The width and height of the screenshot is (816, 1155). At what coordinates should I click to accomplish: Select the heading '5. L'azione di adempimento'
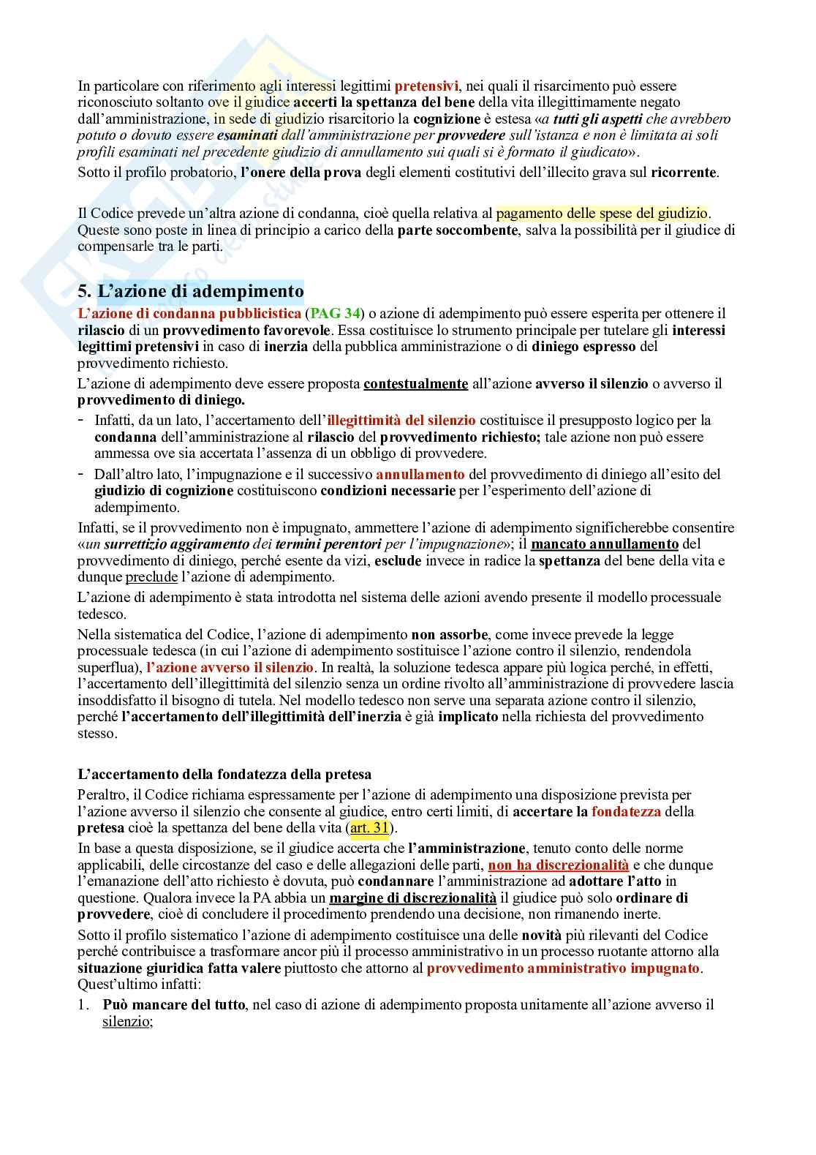(190, 291)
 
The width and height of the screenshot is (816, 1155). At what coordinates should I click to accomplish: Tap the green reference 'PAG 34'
(335, 314)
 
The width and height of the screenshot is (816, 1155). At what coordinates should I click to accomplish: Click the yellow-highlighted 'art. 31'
(369, 828)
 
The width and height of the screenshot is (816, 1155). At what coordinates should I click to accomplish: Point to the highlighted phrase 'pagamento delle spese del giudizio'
(602, 214)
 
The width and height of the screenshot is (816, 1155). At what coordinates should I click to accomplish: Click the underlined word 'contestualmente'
(415, 384)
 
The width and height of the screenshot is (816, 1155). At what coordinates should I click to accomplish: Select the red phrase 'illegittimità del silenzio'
(401, 421)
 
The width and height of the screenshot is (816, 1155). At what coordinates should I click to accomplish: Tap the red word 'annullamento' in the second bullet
(420, 474)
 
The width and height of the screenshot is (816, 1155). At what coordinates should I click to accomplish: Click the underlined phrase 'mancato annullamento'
(605, 544)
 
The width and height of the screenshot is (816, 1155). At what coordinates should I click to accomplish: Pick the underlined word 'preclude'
(151, 577)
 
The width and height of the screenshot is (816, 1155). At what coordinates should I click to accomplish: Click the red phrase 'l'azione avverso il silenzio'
(230, 668)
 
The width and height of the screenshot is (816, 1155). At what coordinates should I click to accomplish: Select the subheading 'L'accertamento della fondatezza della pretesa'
(224, 775)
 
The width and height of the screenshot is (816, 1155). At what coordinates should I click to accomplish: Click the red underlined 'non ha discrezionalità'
(558, 865)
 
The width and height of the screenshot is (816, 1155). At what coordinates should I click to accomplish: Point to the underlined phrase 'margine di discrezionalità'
(412, 898)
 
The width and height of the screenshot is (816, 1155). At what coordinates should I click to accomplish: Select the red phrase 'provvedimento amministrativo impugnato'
(563, 968)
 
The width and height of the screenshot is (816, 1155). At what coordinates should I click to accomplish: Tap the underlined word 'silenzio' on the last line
(126, 1021)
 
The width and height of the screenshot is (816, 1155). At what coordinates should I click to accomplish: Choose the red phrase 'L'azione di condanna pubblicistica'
(189, 314)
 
